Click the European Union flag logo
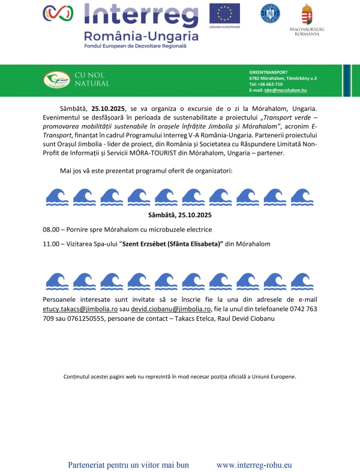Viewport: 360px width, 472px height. (224, 13)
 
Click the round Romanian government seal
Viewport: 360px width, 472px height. (270, 13)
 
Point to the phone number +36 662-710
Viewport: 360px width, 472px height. (270, 84)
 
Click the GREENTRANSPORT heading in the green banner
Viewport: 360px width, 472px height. (268, 72)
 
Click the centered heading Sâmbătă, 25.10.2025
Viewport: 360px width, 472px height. (180, 215)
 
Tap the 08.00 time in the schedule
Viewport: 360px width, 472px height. (51, 230)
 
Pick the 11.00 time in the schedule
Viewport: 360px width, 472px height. (51, 244)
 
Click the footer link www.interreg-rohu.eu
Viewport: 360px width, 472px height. (254, 465)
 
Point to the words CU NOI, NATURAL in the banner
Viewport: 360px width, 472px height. (92, 79)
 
